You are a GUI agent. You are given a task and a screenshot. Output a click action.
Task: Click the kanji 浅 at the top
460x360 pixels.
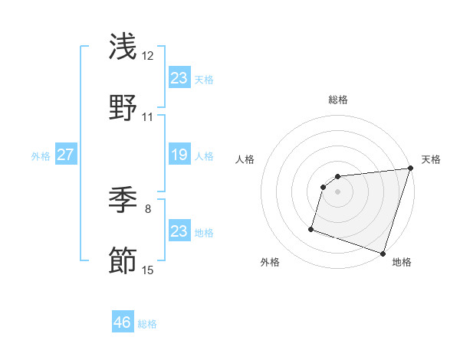click(123, 47)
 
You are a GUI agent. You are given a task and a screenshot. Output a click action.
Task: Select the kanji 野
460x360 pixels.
click(123, 108)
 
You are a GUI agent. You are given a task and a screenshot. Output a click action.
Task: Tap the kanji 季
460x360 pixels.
click(123, 201)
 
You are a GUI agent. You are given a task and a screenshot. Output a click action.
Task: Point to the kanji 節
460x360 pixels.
click(123, 261)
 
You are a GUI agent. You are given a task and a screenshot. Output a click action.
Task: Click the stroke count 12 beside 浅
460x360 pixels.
click(148, 56)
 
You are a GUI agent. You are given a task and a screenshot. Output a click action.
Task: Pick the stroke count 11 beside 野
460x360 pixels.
click(148, 117)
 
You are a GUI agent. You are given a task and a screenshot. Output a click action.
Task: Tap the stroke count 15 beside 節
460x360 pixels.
click(148, 270)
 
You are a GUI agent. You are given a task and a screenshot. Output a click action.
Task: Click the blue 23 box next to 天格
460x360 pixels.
click(179, 78)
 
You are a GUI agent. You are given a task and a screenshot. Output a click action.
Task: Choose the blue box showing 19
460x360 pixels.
click(179, 155)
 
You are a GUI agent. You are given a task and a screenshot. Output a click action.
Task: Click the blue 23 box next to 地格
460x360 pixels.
click(179, 231)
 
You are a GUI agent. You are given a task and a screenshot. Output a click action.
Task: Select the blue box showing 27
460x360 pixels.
click(65, 155)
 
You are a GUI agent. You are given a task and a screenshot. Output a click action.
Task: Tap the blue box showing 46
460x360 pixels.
click(123, 322)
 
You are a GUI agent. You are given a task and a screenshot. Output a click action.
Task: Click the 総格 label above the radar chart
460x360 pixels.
click(338, 100)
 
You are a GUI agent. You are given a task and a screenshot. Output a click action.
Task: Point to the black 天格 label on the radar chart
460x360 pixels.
click(431, 159)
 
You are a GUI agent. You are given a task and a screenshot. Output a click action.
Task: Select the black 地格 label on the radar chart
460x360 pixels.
click(402, 262)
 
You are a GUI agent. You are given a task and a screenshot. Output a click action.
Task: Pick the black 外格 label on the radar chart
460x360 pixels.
click(270, 262)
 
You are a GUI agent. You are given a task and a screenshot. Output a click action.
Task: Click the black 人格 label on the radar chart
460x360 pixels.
click(245, 159)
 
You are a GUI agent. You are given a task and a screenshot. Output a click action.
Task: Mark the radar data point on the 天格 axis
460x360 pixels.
click(410, 169)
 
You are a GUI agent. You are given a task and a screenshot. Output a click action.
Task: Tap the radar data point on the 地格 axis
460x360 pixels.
click(383, 253)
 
